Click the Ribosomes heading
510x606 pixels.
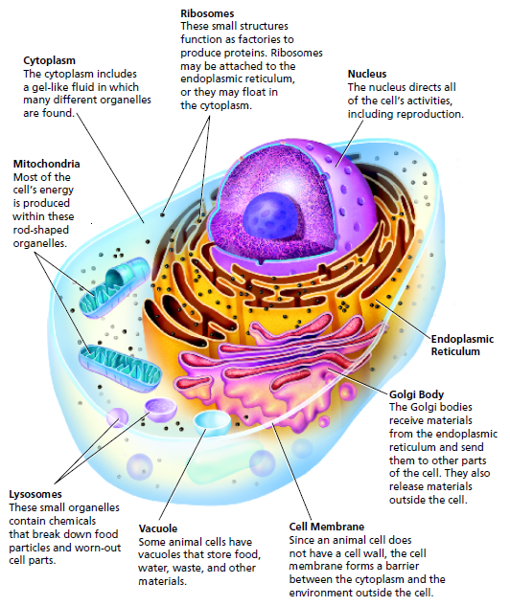207,13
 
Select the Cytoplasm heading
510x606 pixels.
49,60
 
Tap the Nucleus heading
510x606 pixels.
367,74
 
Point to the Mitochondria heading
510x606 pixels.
46,164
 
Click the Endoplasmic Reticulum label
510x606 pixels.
462,346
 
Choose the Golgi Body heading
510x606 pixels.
416,394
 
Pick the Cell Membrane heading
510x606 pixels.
327,527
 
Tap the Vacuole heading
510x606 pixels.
158,528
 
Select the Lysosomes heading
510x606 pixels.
35,495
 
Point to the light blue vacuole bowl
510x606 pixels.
212,423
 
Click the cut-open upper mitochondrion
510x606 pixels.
114,287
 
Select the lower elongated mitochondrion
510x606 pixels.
120,368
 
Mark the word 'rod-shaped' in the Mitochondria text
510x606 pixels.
40,231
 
